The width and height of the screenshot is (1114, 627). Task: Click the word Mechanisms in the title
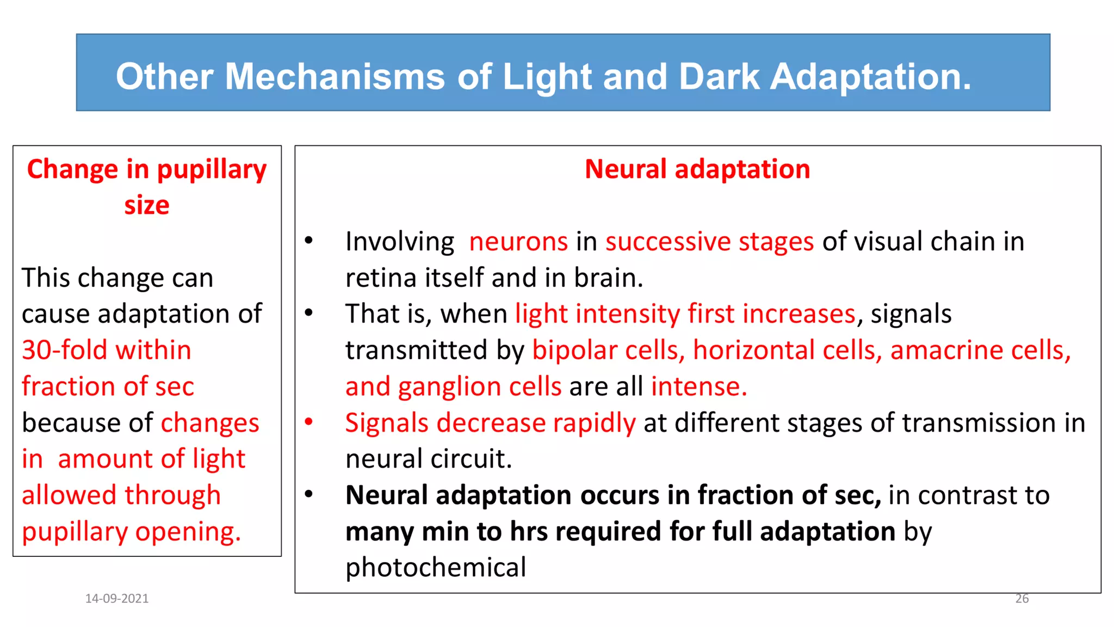(335, 76)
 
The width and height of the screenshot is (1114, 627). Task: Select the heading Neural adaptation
(697, 169)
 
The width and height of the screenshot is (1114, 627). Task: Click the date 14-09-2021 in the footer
(117, 599)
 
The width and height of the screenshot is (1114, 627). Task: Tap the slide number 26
(1022, 599)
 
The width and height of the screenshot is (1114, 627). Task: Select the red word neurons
(518, 242)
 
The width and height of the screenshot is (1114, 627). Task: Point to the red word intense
(698, 386)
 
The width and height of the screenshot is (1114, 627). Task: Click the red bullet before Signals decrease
(309, 422)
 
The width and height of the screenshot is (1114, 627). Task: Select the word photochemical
(436, 568)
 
